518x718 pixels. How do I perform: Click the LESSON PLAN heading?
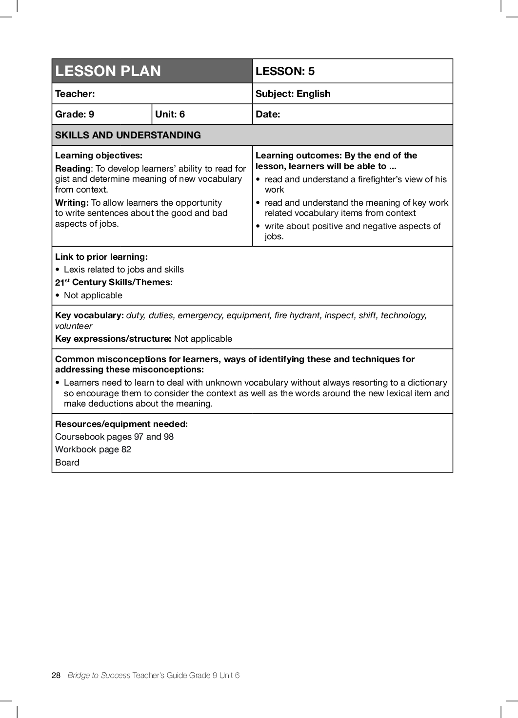click(x=108, y=71)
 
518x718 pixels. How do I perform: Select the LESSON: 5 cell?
click(x=285, y=71)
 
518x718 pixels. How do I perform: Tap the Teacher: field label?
click(x=75, y=94)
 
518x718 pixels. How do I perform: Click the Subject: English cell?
click(x=293, y=94)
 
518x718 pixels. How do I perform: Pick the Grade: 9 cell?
click(x=75, y=114)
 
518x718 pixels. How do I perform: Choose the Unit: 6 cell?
click(x=170, y=114)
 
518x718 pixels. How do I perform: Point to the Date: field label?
click(x=268, y=114)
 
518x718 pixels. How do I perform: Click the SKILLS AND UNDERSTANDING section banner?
click(x=128, y=135)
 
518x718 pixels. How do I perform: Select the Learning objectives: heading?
click(x=99, y=155)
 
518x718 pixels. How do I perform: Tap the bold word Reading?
click(x=73, y=169)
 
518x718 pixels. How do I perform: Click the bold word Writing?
click(x=72, y=203)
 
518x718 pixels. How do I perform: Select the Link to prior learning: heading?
click(x=101, y=257)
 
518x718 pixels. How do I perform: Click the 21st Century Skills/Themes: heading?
click(x=114, y=282)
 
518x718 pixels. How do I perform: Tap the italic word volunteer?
click(x=74, y=326)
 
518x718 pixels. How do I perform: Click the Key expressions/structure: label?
click(x=113, y=339)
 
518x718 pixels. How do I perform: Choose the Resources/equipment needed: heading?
click(x=121, y=424)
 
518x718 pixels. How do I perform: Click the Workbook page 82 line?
click(x=93, y=449)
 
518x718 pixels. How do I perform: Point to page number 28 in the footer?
click(x=56, y=675)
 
